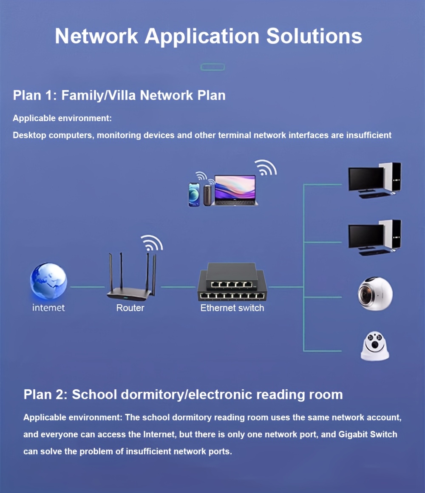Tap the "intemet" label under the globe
coord(48,308)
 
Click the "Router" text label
coord(130,308)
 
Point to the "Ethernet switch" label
coord(232,308)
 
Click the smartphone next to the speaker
coord(194,194)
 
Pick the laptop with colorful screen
coord(236,191)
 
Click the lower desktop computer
coord(374,238)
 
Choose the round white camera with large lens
coord(375,294)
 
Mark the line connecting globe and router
coord(87,287)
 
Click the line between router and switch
coord(178,287)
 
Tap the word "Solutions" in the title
coord(314,37)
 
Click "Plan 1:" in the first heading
coord(35,95)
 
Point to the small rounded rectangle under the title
coord(212,67)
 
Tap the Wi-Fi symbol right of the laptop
coord(266,168)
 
